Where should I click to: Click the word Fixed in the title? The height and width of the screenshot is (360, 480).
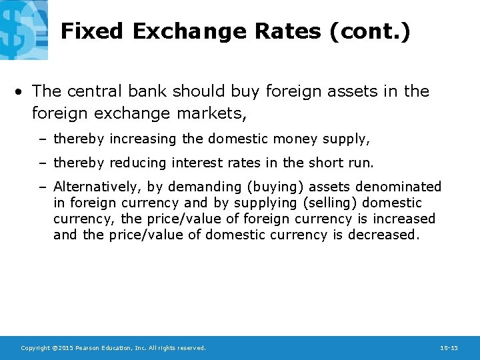[93, 31]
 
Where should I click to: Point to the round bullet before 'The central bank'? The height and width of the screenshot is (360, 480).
[23, 91]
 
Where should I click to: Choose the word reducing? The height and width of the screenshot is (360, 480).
[139, 163]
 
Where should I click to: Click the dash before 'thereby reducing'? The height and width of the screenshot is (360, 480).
[45, 163]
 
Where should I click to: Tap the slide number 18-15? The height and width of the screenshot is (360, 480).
[449, 348]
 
